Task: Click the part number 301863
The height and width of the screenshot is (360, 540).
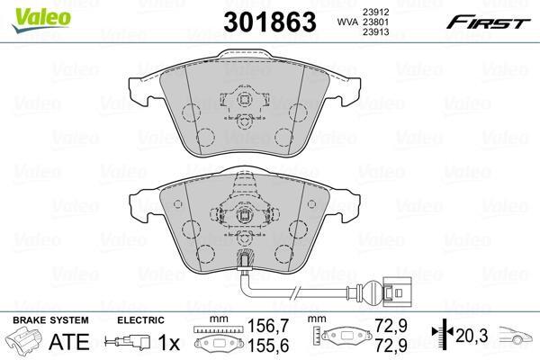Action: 270,22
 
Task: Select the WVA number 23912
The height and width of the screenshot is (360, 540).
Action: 375,12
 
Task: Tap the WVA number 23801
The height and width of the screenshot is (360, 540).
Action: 375,22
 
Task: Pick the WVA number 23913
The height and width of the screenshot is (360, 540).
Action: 375,32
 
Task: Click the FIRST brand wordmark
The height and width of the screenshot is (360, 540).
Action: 488,23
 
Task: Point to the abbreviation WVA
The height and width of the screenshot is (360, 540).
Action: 347,22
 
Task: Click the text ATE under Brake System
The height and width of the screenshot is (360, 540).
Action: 69,341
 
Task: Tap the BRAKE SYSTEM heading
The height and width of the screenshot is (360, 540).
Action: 50,320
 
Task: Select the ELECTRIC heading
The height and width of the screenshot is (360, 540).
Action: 140,320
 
